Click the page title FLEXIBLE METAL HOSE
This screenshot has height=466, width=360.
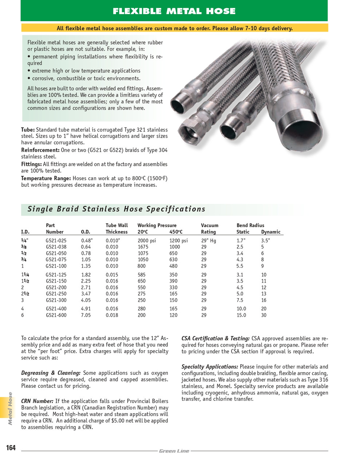pyautogui.click(x=174, y=11)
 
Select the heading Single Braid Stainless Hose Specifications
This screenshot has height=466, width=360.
pyautogui.click(x=116, y=209)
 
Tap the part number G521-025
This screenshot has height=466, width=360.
pyautogui.click(x=56, y=240)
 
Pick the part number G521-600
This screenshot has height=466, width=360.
pyautogui.click(x=56, y=315)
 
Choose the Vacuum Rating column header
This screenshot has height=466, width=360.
pyautogui.click(x=209, y=229)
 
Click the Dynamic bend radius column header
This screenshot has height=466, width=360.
pyautogui.click(x=270, y=232)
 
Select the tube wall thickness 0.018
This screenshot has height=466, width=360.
pyautogui.click(x=112, y=315)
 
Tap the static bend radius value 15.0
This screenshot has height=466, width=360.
pyautogui.click(x=241, y=315)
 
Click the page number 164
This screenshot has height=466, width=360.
pyautogui.click(x=11, y=447)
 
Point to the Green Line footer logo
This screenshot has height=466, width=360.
pyautogui.click(x=174, y=451)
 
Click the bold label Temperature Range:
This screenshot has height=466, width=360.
pyautogui.click(x=46, y=178)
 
